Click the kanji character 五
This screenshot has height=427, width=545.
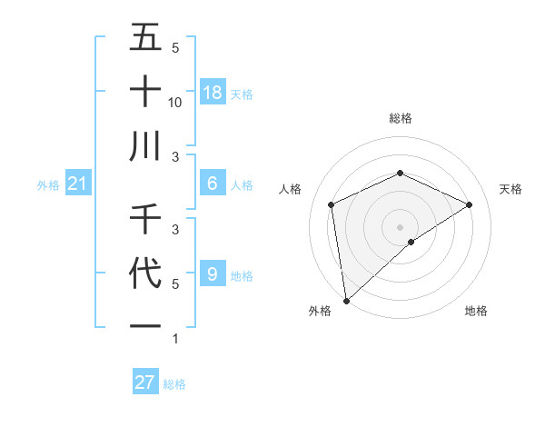(146, 38)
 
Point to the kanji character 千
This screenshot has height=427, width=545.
(146, 219)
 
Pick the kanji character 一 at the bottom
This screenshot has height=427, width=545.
(146, 325)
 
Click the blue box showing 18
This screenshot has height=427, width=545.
(213, 93)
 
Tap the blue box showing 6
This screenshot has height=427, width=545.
(213, 184)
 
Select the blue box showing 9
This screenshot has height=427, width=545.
(213, 273)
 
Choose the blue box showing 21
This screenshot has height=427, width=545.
(78, 184)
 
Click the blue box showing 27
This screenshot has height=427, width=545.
(145, 382)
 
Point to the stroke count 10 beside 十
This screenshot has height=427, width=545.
(175, 102)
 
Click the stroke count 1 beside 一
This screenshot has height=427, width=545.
(175, 339)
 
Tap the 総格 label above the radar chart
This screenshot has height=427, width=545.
(401, 118)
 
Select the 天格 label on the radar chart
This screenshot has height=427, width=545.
(511, 189)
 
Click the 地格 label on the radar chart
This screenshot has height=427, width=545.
(476, 312)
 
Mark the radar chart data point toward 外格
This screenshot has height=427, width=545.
(346, 300)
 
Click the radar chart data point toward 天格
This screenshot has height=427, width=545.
(470, 204)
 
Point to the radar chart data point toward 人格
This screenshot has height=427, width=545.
(332, 204)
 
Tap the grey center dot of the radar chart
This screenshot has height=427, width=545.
(401, 225)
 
